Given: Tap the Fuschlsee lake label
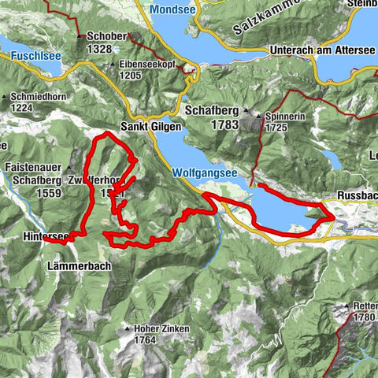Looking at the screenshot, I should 35,56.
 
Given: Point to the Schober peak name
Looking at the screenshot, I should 108,37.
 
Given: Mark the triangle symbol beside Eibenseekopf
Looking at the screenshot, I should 114,65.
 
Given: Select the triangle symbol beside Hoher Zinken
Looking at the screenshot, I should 126,328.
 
